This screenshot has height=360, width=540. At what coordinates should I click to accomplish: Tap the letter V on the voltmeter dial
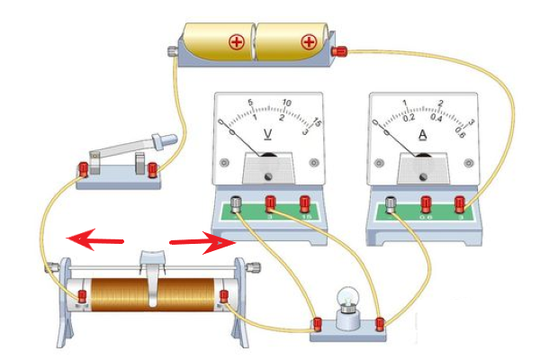click(267, 135)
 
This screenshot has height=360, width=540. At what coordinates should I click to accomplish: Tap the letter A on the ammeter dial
click(423, 135)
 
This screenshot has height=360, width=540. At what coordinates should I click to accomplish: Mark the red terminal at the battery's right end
click(340, 52)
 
